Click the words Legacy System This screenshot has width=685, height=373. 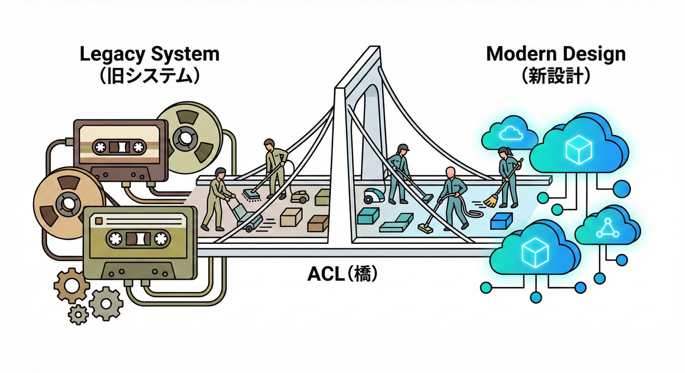pyautogui.click(x=149, y=54)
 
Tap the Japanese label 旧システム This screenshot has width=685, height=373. pyautogui.click(x=149, y=77)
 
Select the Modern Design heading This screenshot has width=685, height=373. pyautogui.click(x=556, y=54)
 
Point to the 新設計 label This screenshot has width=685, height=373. pyautogui.click(x=556, y=77)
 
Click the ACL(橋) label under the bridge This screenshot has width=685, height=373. pyautogui.click(x=342, y=274)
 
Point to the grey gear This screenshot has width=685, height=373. pyautogui.click(x=106, y=303)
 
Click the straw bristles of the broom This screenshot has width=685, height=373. pyautogui.click(x=491, y=200)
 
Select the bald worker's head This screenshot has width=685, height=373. pyautogui.click(x=451, y=172)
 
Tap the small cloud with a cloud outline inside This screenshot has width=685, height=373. pyautogui.click(x=510, y=132)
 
